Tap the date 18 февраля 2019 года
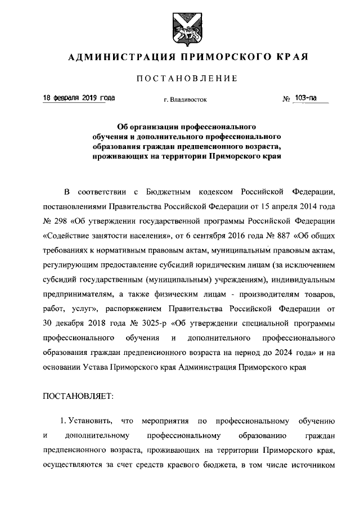point(79,98)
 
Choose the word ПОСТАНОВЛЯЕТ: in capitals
point(78,395)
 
